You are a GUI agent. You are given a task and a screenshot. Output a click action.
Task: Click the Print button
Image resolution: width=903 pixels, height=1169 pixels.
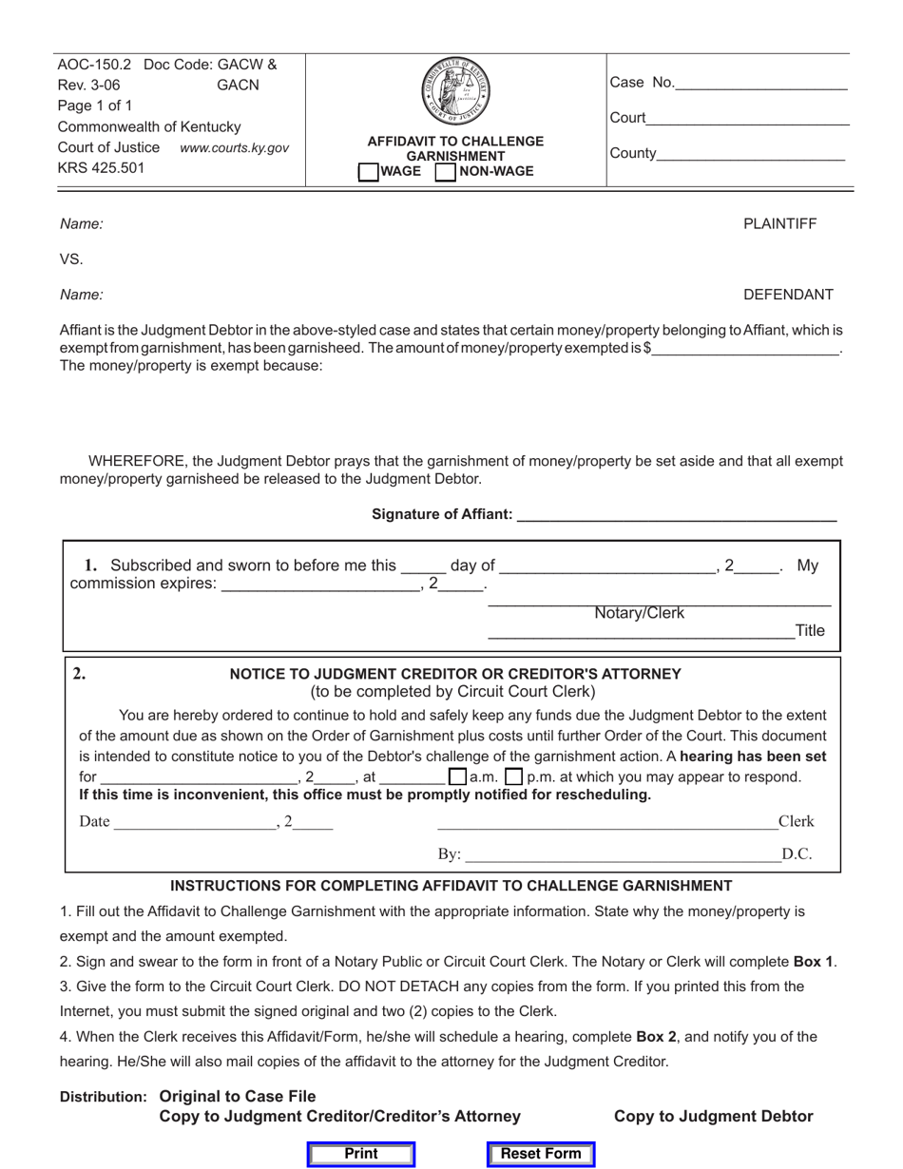[360, 1154]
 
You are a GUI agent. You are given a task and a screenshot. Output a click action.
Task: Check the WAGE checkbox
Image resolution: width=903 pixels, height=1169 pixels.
[367, 172]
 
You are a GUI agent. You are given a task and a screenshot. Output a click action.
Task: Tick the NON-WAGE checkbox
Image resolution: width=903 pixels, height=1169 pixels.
[445, 172]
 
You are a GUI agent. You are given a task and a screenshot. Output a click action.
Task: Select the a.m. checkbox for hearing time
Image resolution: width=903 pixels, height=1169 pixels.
[457, 776]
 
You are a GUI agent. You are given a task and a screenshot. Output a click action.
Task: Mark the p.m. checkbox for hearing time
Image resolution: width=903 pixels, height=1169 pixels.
[514, 776]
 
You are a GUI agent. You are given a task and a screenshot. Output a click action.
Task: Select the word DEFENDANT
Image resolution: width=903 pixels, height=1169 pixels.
[788, 295]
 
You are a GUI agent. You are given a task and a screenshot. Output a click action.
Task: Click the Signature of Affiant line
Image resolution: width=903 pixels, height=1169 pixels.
[675, 516]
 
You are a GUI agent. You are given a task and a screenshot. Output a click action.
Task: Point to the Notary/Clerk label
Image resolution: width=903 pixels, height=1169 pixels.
[639, 613]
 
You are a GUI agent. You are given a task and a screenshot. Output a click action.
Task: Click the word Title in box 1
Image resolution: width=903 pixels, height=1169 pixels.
[810, 630]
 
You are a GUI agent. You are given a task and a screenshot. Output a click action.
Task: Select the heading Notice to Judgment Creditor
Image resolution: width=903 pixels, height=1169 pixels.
[455, 674]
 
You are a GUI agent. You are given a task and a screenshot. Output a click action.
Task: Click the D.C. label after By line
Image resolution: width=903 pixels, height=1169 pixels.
[797, 854]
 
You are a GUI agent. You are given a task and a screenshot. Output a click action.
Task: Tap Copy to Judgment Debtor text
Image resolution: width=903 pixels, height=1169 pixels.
[713, 1116]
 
